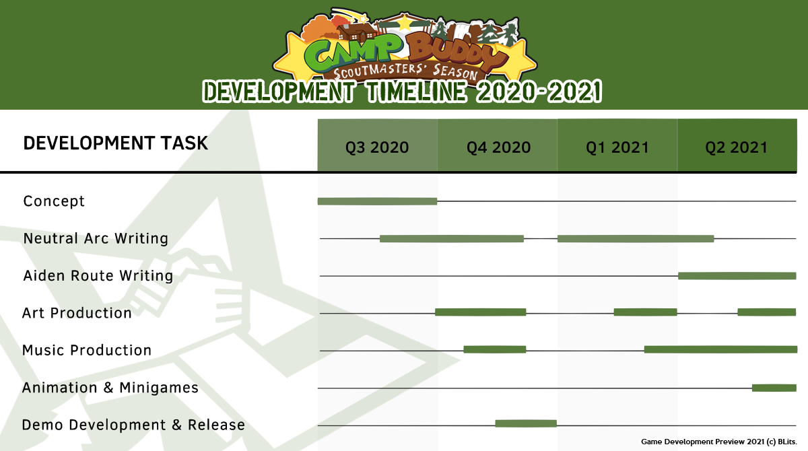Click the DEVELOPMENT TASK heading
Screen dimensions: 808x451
pyautogui.click(x=115, y=143)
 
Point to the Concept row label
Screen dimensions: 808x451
pyautogui.click(x=54, y=201)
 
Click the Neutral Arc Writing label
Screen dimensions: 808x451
pyautogui.click(x=96, y=238)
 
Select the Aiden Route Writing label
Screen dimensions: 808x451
pyautogui.click(x=98, y=275)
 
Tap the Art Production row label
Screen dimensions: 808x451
pyautogui.click(x=77, y=313)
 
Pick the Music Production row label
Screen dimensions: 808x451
pyautogui.click(x=87, y=350)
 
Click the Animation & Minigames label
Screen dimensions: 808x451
pyautogui.click(x=110, y=388)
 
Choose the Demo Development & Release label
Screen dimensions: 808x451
pyautogui.click(x=133, y=425)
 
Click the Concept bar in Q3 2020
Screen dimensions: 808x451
pyautogui.click(x=377, y=201)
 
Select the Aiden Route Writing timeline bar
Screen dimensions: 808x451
pyautogui.click(x=737, y=276)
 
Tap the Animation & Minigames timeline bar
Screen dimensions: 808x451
pyautogui.click(x=774, y=388)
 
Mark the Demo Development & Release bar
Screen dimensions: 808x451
pyautogui.click(x=526, y=423)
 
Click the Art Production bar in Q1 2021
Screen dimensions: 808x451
pyautogui.click(x=645, y=312)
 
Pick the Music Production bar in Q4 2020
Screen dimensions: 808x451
pyautogui.click(x=494, y=349)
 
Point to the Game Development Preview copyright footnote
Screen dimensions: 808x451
pyautogui.click(x=719, y=442)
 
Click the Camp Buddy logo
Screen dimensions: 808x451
pyautogui.click(x=405, y=45)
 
